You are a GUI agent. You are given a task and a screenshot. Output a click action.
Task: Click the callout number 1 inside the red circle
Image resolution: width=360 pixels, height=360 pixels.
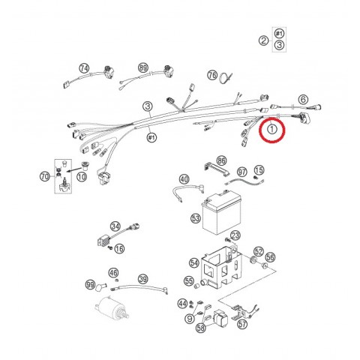pos(272,129)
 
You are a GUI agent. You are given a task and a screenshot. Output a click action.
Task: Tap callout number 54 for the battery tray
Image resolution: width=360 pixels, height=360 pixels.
pos(194,262)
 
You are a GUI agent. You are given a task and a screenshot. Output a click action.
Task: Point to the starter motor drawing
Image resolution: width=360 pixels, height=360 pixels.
pos(112,308)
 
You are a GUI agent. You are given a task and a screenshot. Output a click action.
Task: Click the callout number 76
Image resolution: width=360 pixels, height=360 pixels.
pos(212,75)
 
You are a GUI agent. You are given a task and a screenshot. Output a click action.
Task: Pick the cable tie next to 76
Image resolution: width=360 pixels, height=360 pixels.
pos(226,77)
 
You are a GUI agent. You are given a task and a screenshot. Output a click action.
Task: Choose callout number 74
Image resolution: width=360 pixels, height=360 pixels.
pos(84,68)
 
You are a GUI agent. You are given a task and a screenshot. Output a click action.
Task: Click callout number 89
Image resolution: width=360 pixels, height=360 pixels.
pos(143,67)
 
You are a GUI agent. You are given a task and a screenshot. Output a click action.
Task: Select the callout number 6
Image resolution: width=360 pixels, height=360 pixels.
pos(303,100)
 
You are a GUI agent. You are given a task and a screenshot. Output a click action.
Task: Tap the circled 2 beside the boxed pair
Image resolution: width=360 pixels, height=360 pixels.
pos(263,40)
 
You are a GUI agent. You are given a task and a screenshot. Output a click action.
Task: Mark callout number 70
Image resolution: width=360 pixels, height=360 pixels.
pos(45,177)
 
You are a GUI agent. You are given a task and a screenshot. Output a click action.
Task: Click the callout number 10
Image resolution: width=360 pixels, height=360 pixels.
pos(82,177)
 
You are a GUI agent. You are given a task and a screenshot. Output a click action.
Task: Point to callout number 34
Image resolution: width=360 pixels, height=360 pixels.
pos(115,226)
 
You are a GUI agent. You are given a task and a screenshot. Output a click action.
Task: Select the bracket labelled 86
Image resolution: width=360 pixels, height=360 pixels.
pos(216,169)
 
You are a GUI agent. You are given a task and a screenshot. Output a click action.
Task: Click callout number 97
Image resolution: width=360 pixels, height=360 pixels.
pos(241,172)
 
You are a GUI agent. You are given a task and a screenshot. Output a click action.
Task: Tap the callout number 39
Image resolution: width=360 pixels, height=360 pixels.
pos(143,279)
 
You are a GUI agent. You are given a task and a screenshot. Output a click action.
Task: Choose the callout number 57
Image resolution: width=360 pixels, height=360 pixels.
pos(242,324)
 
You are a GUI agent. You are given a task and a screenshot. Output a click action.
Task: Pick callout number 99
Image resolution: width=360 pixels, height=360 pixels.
pos(90,285)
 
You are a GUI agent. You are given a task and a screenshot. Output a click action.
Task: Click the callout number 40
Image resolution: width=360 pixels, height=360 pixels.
pos(184,179)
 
